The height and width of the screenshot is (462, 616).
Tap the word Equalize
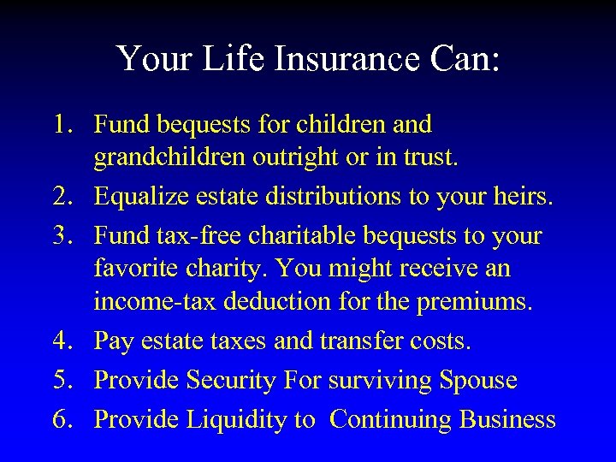pyautogui.click(x=137, y=199)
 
